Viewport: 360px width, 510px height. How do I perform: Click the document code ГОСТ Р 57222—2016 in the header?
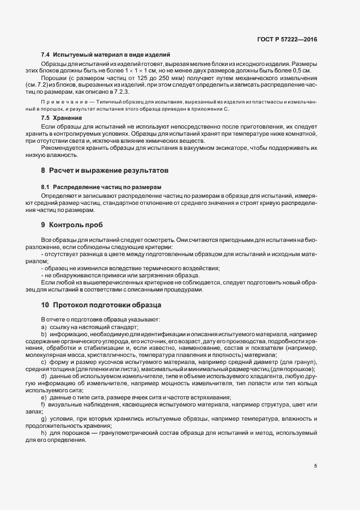click(287, 40)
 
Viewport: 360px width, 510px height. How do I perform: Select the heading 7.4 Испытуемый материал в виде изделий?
click(106, 55)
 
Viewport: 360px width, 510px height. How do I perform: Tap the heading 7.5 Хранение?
click(62, 118)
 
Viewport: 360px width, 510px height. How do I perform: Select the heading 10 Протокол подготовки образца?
click(100, 304)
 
